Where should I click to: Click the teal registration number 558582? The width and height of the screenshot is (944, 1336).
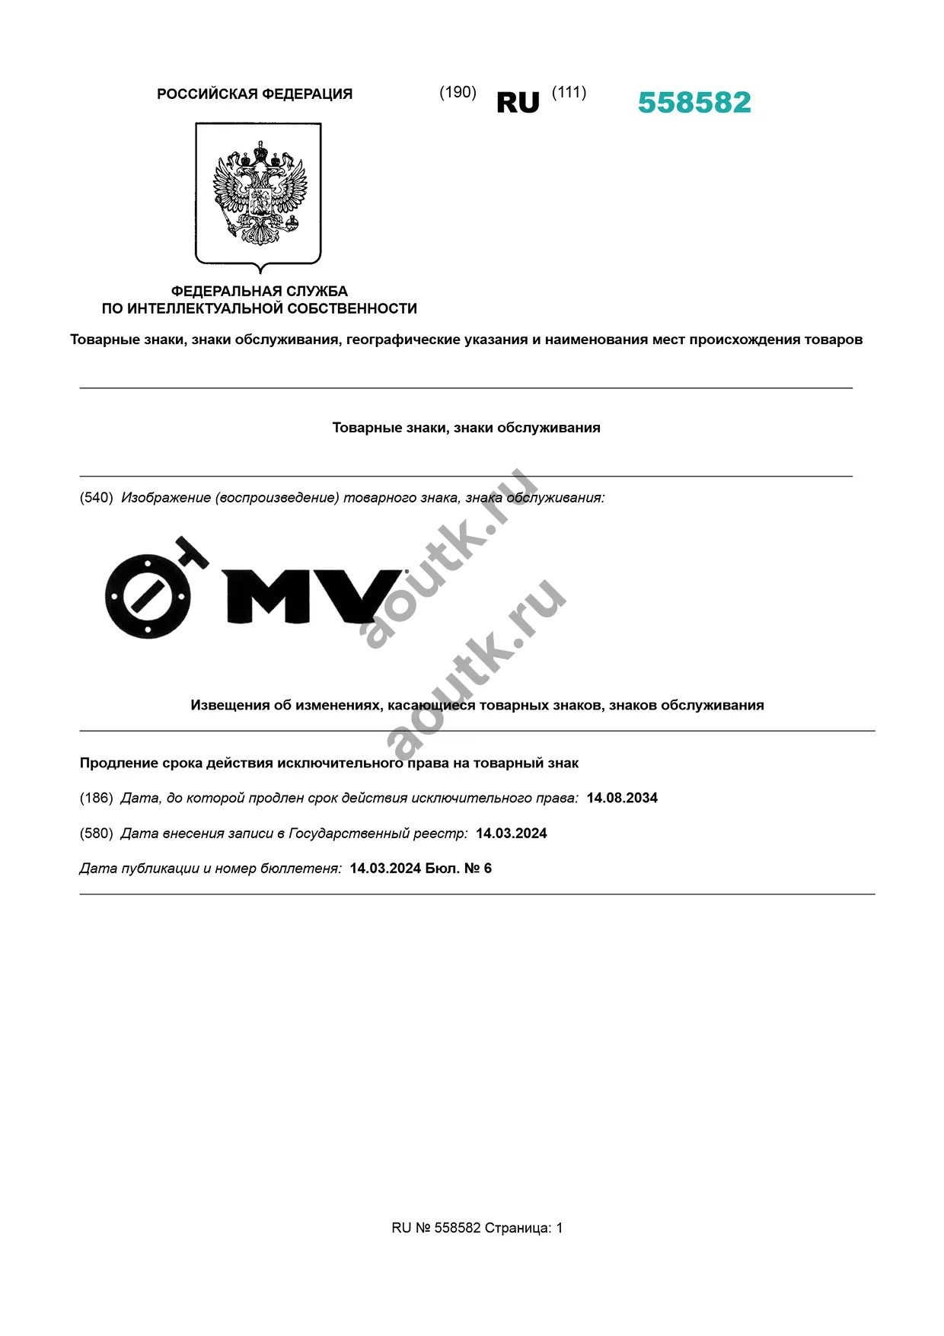tap(694, 103)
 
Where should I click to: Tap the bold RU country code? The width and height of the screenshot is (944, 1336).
tap(518, 103)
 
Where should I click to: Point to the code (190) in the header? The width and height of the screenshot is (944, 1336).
tap(458, 92)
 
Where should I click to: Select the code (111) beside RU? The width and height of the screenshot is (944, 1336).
tap(569, 92)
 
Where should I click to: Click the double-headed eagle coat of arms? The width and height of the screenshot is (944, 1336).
tap(259, 193)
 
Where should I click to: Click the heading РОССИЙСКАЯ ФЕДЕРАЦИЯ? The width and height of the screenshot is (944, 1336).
tap(254, 94)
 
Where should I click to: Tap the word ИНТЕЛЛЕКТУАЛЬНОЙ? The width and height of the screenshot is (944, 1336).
tap(209, 308)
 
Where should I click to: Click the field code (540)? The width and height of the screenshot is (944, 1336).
tap(96, 498)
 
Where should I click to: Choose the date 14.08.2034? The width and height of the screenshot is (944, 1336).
tap(622, 798)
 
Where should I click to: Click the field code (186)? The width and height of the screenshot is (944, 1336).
tap(96, 798)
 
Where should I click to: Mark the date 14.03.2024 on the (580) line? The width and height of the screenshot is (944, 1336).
tap(511, 833)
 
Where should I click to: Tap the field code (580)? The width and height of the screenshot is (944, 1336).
tap(96, 833)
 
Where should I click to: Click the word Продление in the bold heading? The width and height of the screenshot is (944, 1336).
tap(117, 763)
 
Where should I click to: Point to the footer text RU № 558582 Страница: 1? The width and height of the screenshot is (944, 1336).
tap(477, 1227)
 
